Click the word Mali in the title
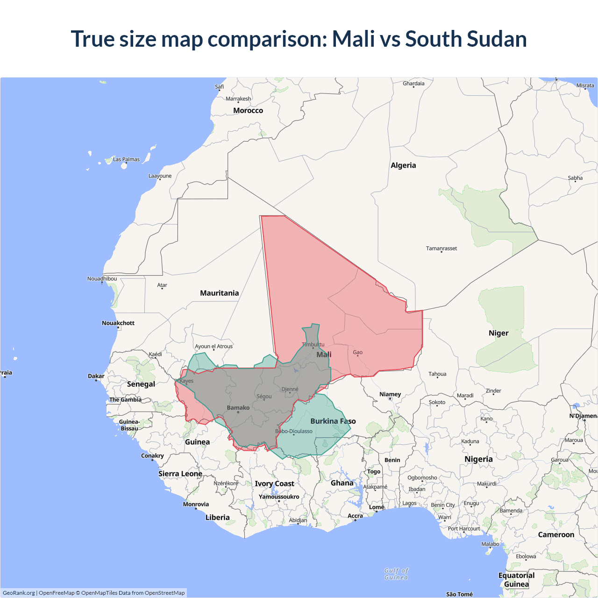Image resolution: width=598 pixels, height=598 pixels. [x=354, y=39]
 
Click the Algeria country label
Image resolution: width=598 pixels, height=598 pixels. [x=403, y=165]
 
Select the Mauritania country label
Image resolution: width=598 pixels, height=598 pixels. [x=219, y=293]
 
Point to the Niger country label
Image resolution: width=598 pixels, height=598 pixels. [x=498, y=333]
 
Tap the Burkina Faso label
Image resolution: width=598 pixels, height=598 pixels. [x=333, y=421]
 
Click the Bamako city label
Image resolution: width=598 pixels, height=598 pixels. [x=238, y=408]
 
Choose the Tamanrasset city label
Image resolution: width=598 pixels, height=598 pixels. [x=441, y=249]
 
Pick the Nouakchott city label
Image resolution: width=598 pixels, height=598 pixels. [x=118, y=323]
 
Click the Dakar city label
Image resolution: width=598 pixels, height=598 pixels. [x=96, y=376]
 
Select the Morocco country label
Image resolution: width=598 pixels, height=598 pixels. [x=248, y=111]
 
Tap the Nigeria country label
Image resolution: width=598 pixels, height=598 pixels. [x=478, y=459]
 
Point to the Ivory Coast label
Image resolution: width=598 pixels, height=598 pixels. [x=274, y=484]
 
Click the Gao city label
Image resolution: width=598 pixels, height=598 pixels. [x=357, y=353]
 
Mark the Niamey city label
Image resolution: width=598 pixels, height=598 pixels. [x=390, y=394]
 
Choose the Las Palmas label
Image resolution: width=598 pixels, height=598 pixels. [x=126, y=159]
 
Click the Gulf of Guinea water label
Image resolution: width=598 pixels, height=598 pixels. [x=396, y=574]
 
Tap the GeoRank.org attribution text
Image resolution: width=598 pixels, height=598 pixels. [x=19, y=593]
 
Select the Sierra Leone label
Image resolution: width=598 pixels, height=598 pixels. [x=180, y=474]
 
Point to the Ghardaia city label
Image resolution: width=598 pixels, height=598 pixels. [x=413, y=84]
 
